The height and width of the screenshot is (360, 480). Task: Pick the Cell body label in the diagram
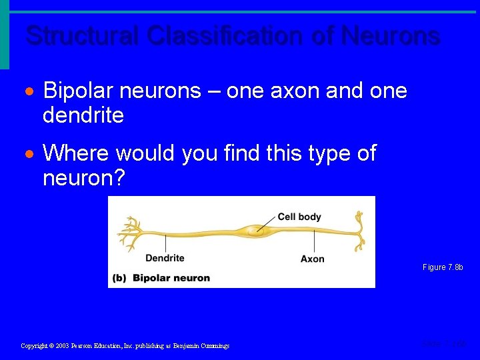tap(299, 217)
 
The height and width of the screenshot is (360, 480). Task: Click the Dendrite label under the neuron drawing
tap(165, 258)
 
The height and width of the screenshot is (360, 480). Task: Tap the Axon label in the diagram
tap(312, 259)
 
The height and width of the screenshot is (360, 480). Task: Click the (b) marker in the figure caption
tap(120, 278)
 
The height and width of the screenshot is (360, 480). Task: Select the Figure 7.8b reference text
tap(442, 267)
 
